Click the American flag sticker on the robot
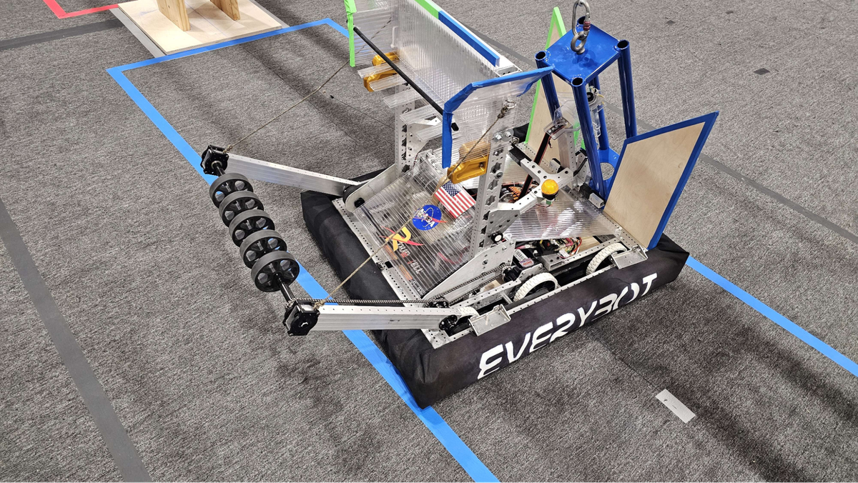click(x=454, y=198)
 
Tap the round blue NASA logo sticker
click(x=427, y=217)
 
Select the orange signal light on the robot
click(x=550, y=188)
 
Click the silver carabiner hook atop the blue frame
click(x=580, y=27)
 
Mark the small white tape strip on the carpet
click(x=675, y=406)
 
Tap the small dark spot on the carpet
click(x=761, y=71)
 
